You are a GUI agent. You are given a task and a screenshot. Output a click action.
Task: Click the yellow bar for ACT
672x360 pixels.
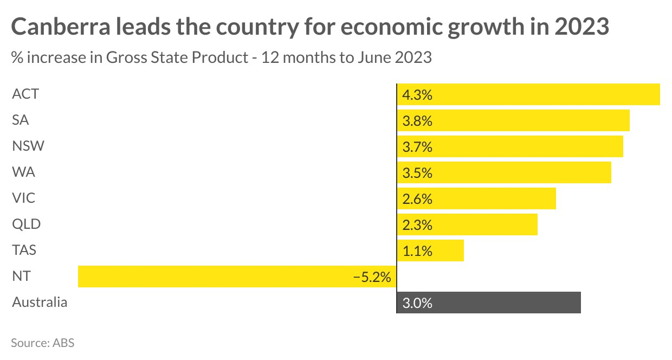(528, 94)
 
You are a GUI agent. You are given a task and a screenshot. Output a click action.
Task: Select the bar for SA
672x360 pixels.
(513, 120)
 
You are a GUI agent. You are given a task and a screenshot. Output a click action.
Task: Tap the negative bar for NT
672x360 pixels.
(237, 277)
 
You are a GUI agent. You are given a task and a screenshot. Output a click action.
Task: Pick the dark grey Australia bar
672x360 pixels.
(489, 303)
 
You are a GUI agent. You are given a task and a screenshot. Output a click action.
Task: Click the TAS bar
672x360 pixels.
(430, 250)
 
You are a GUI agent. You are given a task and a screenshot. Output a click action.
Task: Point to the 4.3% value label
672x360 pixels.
(417, 95)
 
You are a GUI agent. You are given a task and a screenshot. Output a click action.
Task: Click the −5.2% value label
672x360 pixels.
(372, 277)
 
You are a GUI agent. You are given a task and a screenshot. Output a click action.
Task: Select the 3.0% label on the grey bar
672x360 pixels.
(417, 303)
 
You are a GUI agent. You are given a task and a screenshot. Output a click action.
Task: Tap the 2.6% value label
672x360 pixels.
(417, 199)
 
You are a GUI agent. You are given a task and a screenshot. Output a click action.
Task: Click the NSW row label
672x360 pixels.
(28, 146)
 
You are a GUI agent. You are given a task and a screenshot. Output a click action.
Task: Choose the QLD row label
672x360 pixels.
(27, 224)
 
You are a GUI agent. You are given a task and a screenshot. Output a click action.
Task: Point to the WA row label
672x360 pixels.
(23, 172)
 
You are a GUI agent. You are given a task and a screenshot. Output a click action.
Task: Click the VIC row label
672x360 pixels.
(23, 198)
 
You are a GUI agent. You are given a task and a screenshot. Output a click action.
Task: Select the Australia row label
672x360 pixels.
(40, 303)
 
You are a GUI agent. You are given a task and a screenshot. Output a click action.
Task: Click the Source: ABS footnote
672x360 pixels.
(42, 343)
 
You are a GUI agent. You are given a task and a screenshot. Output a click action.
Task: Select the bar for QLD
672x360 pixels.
(467, 224)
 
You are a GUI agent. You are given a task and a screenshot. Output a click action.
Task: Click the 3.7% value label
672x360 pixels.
(417, 147)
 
